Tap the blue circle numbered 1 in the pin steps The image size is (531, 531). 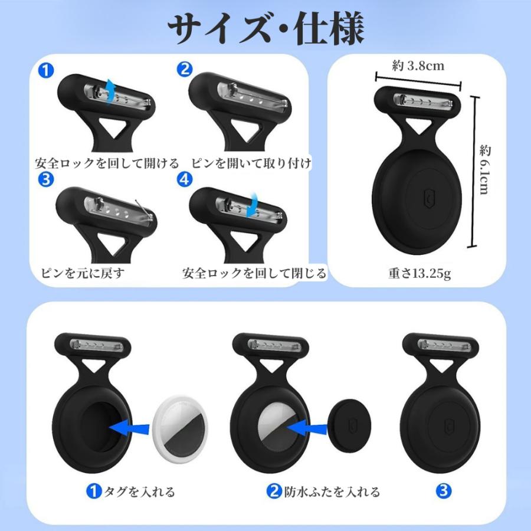(47, 70)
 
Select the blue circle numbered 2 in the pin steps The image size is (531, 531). (184, 70)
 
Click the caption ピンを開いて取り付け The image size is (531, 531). (250, 163)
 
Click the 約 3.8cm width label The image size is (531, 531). (418, 65)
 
